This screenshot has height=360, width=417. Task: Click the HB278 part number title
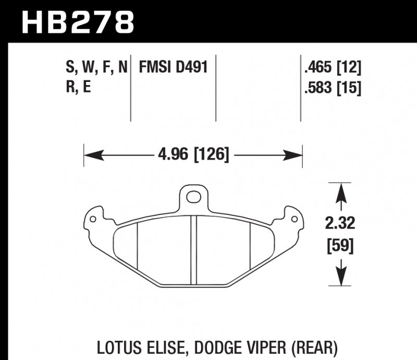[x=78, y=22]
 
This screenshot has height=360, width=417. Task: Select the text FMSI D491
[x=174, y=68]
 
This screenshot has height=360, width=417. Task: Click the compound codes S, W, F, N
[x=96, y=68]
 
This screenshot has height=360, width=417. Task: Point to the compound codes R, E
[x=79, y=87]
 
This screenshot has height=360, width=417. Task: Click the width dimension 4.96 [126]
[x=193, y=155]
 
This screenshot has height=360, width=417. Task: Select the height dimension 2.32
[x=340, y=224]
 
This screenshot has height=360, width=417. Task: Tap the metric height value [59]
[x=340, y=245]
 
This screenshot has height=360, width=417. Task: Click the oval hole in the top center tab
[x=193, y=197]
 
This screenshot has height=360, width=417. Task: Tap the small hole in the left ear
[x=93, y=219]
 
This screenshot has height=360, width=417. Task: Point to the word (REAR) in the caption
[x=313, y=346]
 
